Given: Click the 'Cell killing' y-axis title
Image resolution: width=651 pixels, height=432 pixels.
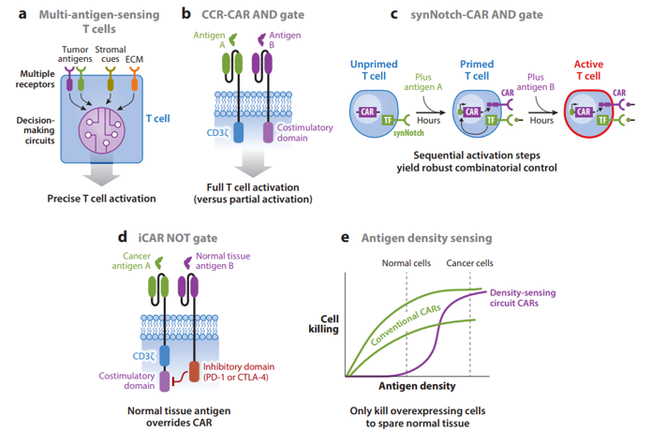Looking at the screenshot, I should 322,324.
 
